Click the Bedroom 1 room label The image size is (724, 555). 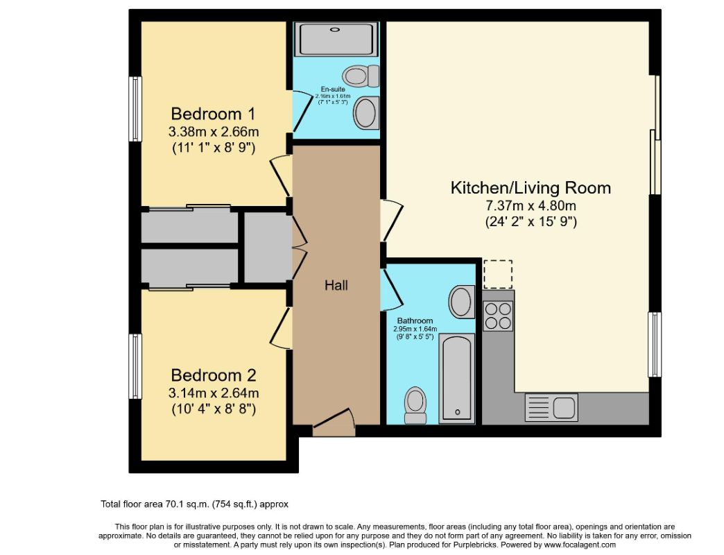coord(213,114)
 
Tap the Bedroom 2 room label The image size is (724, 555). coord(214,375)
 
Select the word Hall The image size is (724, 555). coord(336,285)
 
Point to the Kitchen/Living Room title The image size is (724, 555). coord(531,187)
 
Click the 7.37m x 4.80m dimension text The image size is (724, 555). coord(531,205)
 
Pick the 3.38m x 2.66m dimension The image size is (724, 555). coord(214,132)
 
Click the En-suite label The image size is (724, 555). coord(333,89)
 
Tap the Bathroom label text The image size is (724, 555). coord(415,321)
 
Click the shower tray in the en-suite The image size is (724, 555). coord(336,40)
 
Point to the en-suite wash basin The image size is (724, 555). coord(366,113)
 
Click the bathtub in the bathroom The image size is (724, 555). coord(456,377)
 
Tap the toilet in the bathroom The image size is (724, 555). coord(415,405)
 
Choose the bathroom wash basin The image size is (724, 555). coord(462,302)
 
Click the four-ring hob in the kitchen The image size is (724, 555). coord(498,316)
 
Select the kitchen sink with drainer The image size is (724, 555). coord(551,407)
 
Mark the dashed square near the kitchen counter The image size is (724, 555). coord(498,274)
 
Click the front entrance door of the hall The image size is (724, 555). coord(334,422)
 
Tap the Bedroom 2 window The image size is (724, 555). coord(135,366)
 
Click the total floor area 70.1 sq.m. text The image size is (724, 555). coord(194,504)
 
